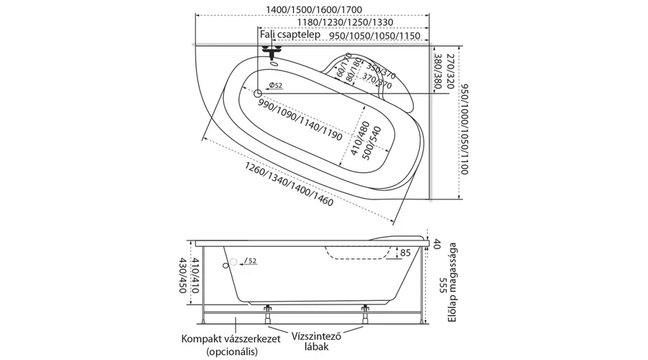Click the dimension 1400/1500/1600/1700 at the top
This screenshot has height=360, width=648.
(x=312, y=9)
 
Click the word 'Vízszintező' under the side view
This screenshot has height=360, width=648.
(x=316, y=336)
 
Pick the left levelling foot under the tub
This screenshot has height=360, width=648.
(x=269, y=314)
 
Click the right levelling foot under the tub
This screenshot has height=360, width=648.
(x=364, y=314)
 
